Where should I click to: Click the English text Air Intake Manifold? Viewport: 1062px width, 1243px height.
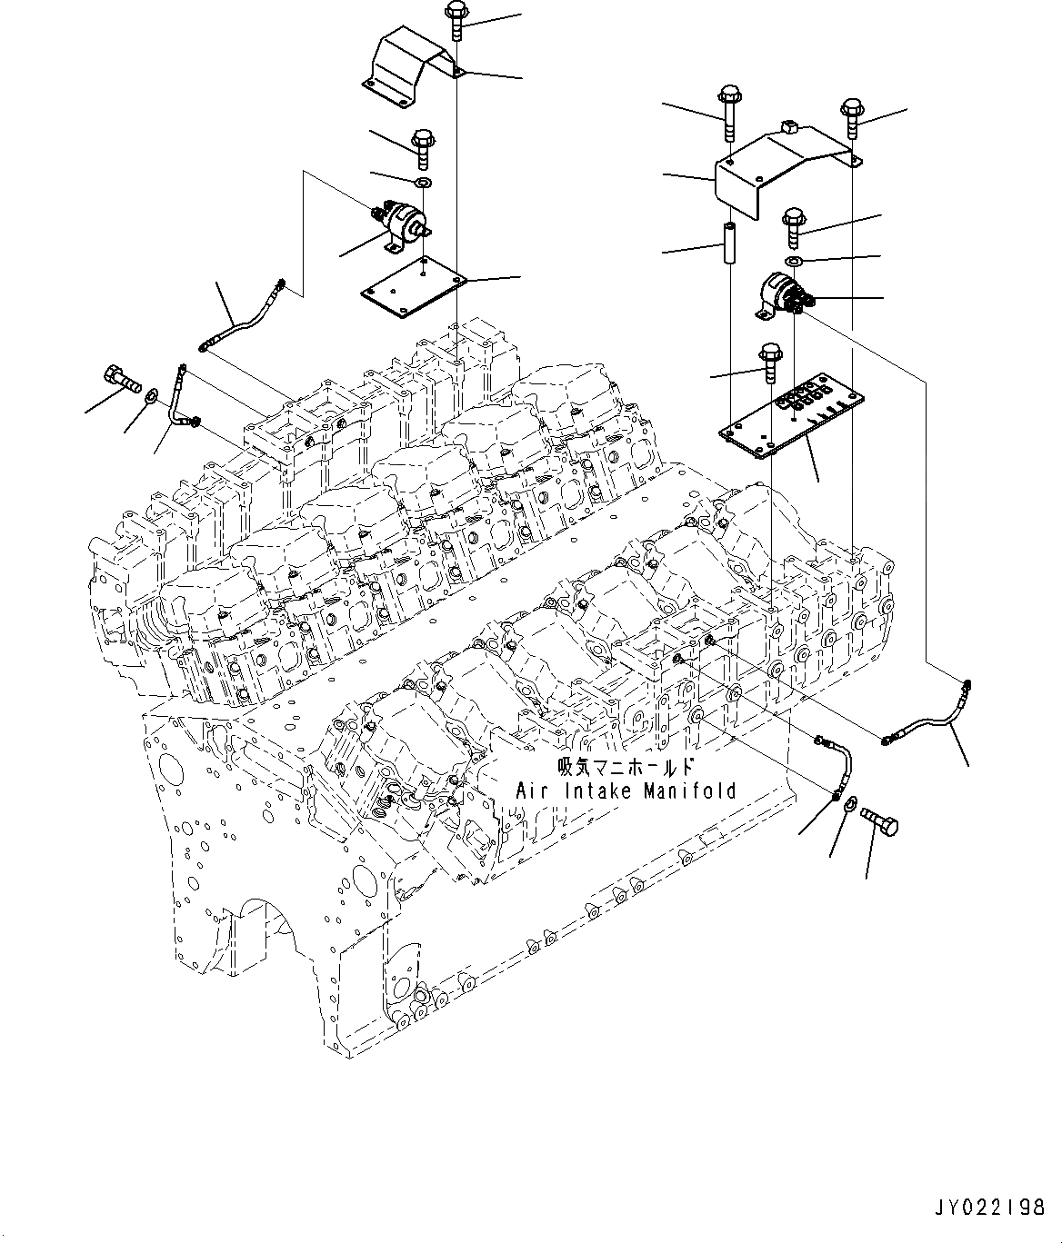click(x=626, y=791)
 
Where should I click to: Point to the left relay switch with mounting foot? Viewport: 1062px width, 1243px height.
click(x=401, y=222)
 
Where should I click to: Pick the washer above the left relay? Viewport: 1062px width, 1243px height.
click(x=422, y=183)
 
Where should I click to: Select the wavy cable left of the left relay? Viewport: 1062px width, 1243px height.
click(x=241, y=318)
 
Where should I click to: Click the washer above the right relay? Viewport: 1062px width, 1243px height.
click(x=794, y=262)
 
